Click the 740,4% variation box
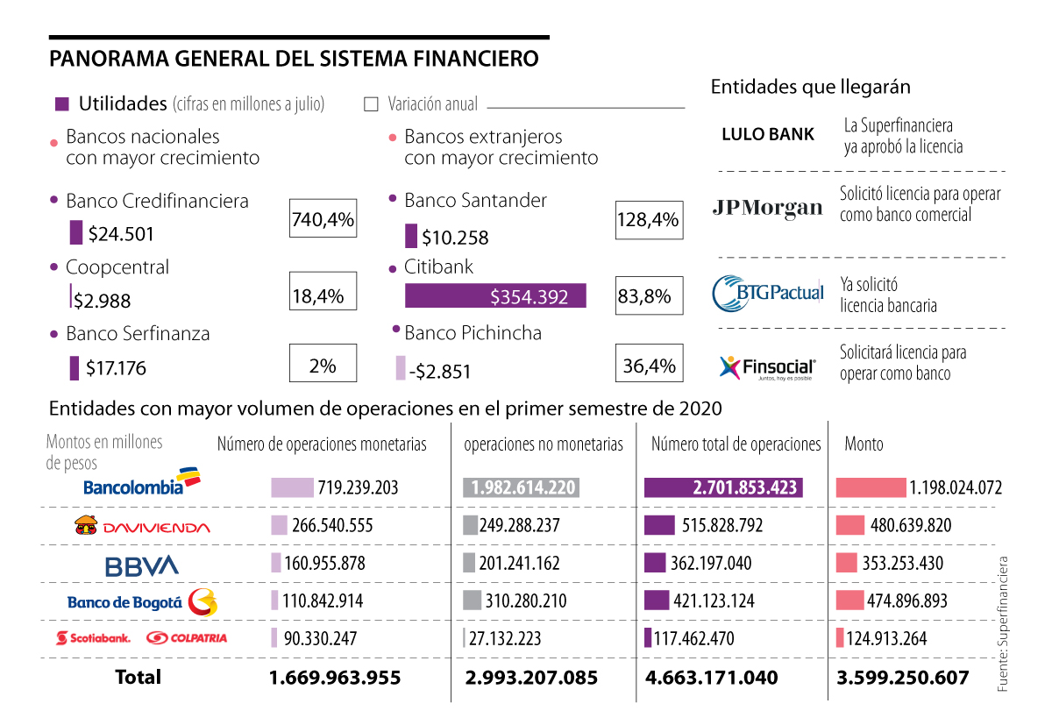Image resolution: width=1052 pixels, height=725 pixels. pyautogui.click(x=323, y=218)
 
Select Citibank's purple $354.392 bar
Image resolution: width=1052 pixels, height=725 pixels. pyautogui.click(x=495, y=296)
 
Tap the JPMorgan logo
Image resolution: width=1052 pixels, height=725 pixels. pyautogui.click(x=768, y=207)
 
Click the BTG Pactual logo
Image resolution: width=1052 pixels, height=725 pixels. pyautogui.click(x=768, y=293)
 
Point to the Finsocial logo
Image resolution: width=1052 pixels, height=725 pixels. pyautogui.click(x=767, y=367)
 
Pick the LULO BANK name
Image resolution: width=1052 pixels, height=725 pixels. pyautogui.click(x=768, y=134)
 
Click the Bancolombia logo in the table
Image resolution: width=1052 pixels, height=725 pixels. pyautogui.click(x=141, y=484)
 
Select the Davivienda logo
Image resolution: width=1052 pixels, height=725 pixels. pyautogui.click(x=143, y=526)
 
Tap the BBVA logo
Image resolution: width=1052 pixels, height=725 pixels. pyautogui.click(x=141, y=565)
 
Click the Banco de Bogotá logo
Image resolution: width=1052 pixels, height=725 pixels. pyautogui.click(x=141, y=601)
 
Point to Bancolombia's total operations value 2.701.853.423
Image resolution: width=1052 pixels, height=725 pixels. pyautogui.click(x=723, y=487)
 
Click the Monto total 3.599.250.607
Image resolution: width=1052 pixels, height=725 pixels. pyautogui.click(x=903, y=678)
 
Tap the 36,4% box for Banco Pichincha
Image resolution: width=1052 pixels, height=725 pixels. pyautogui.click(x=650, y=366)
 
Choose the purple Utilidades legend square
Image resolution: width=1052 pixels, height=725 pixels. pyautogui.click(x=62, y=103)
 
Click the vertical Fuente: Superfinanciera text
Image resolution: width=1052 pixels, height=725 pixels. pyautogui.click(x=1003, y=624)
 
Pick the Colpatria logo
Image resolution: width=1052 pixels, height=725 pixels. pyautogui.click(x=187, y=638)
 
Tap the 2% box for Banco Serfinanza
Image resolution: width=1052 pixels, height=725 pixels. pyautogui.click(x=323, y=365)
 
